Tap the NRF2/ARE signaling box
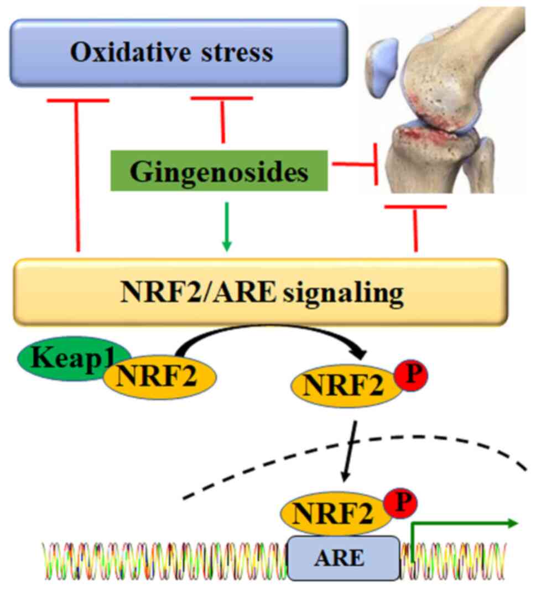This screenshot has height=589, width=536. (x=261, y=293)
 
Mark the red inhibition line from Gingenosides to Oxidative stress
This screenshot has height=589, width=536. (x=222, y=119)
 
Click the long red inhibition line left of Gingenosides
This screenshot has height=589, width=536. (x=77, y=177)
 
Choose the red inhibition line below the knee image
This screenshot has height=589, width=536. (x=415, y=227)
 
